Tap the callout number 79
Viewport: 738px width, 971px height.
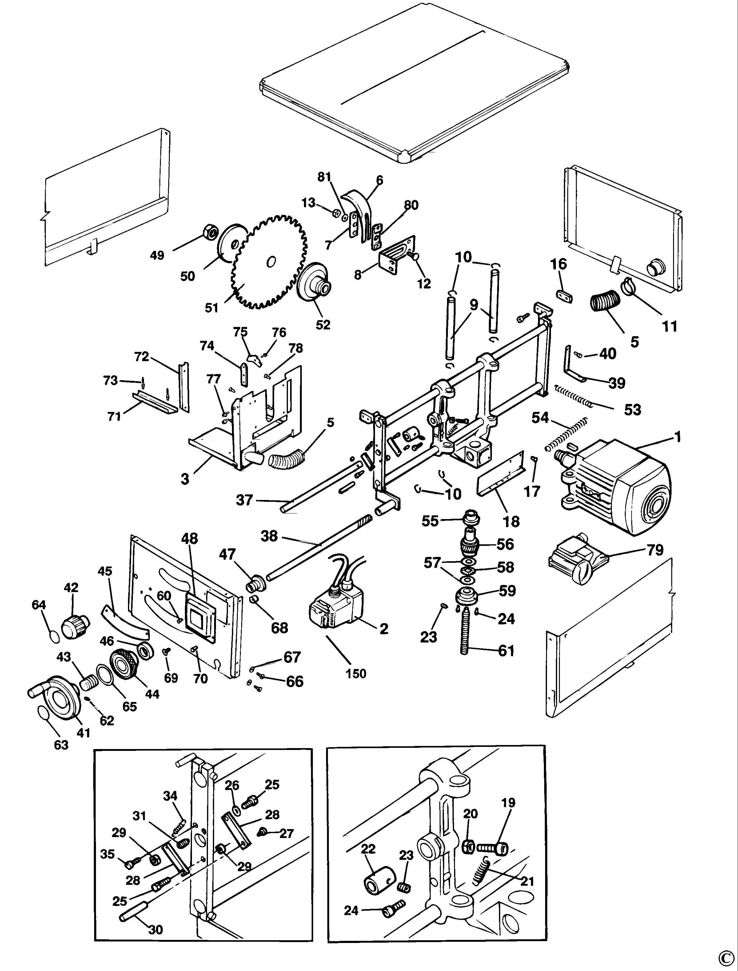pos(655,550)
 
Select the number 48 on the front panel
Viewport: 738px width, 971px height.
pos(190,538)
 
